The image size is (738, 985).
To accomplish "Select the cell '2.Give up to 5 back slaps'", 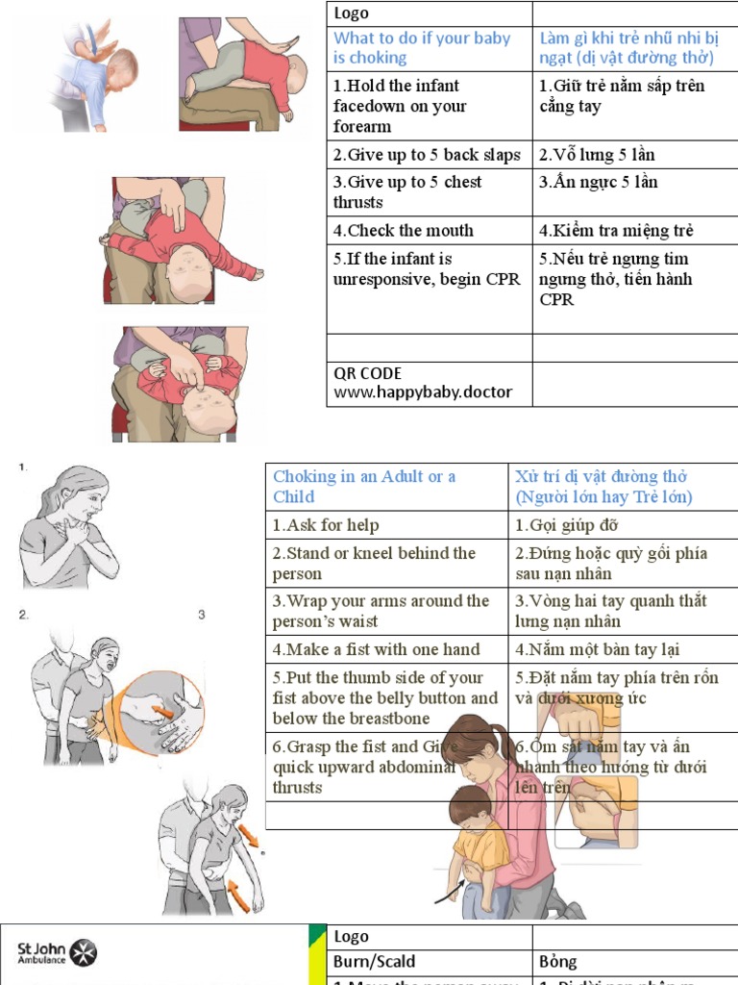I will coord(427,155).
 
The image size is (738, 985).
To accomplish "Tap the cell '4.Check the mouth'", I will coord(404,230).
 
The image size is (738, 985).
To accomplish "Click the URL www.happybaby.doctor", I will coord(423,392).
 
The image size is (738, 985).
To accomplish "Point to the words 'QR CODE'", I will coord(368,373).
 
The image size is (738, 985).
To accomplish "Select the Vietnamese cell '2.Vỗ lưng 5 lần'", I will coord(597,155).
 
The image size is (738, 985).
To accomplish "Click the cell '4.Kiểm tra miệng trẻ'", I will coord(616,230).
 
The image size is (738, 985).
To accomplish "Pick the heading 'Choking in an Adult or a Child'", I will coord(365,486).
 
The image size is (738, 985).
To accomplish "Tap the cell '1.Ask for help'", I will coord(326,525).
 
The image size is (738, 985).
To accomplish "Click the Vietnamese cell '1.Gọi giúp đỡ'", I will coord(566,525).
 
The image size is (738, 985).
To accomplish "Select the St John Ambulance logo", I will coord(58,953).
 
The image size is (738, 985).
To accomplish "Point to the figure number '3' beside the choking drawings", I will coord(202,615).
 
